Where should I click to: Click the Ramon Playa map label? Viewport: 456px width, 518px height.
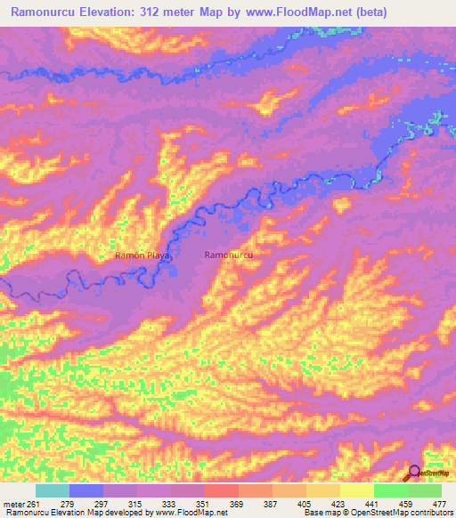pyautogui.click(x=142, y=255)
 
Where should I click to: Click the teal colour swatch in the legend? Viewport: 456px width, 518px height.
pyautogui.click(x=52, y=490)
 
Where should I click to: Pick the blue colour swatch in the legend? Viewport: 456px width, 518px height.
pyautogui.click(x=85, y=490)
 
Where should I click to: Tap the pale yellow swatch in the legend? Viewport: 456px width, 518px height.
pyautogui.click(x=356, y=490)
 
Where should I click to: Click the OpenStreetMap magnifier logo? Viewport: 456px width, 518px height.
pyautogui.click(x=413, y=473)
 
